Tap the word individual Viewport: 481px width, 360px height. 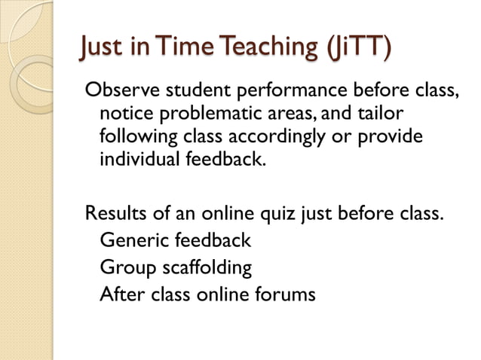click(136, 161)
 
